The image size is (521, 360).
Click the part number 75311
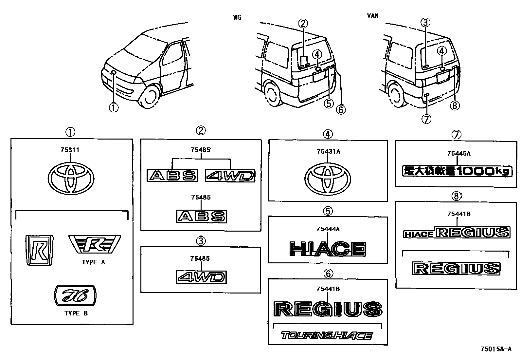coord(70,150)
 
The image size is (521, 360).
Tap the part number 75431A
coord(328,151)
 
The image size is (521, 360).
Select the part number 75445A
coord(459,153)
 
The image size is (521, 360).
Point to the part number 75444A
coord(328,229)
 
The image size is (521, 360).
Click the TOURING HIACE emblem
coord(327,336)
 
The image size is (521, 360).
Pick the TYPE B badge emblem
coord(76,296)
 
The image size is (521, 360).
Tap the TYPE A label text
coord(94,262)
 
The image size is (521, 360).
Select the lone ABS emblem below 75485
coord(201,216)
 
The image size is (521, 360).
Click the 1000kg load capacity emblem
coord(457,171)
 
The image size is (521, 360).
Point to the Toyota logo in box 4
coord(328,178)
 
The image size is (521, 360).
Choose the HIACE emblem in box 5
coord(328,249)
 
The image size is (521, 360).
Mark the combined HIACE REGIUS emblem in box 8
coord(457,233)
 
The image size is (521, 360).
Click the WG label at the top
coord(237,17)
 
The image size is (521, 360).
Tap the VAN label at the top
coord(373,15)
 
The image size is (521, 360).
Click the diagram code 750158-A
coord(495,349)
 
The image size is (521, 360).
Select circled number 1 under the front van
coord(114,107)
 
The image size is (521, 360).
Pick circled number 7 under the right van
coord(426,119)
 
